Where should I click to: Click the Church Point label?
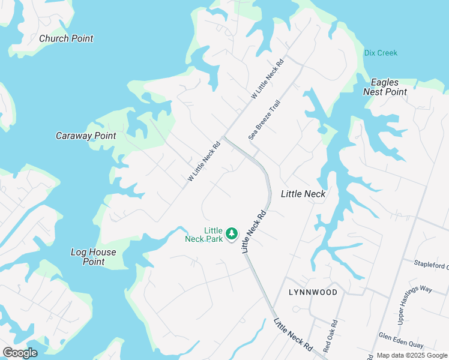pos(66,38)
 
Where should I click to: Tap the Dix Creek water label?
pos(381,53)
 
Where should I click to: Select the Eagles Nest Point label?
pos(385,87)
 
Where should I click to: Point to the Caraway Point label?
pos(86,136)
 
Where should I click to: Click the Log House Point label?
pos(93,257)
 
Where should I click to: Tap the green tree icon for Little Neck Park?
pos(232,233)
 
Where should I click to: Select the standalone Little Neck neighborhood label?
pos(303,194)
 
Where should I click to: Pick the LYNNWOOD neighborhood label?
pos(313,292)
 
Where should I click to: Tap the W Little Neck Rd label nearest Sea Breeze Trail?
pos(267,79)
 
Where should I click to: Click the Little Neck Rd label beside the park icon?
pos(253,231)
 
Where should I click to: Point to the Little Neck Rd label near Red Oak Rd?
pos(293,335)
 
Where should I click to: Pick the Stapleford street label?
pos(431,263)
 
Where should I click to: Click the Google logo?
pos(20,353)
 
